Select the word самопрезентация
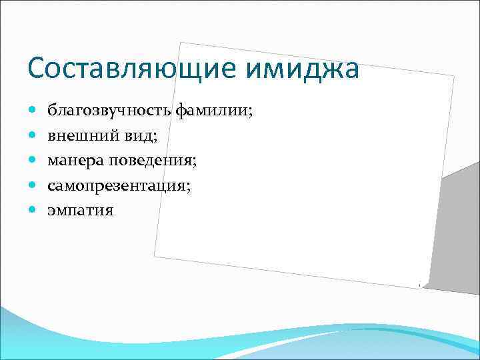click(117, 185)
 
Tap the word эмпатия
click(80, 211)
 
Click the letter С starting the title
click(37, 69)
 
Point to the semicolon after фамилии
click(251, 111)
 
